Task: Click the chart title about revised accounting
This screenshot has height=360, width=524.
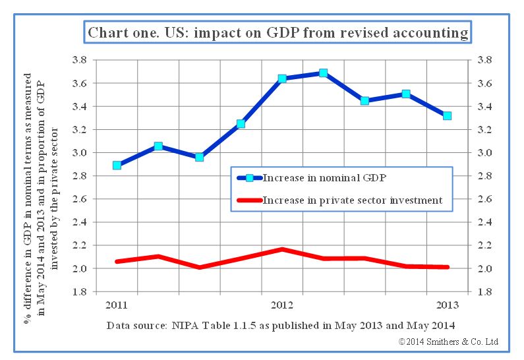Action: pos(278,32)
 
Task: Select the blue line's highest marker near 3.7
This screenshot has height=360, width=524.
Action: pos(323,73)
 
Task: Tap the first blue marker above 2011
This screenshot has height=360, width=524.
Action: pos(117,165)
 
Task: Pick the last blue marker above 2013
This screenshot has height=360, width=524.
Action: pos(447,115)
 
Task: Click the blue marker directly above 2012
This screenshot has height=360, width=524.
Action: pos(282,78)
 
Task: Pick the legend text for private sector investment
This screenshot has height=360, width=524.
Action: pos(353,200)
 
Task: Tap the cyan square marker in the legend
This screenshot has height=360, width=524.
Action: pos(250,177)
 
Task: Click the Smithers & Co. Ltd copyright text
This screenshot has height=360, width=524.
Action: pos(448,342)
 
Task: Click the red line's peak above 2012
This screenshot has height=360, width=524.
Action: pos(282,249)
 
